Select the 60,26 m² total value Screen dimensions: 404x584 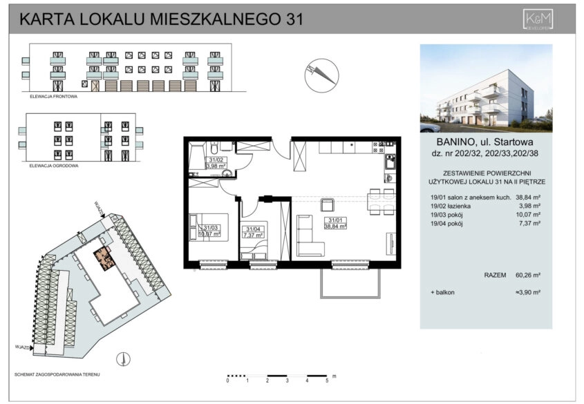(529, 276)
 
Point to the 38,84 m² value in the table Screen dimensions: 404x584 (529, 198)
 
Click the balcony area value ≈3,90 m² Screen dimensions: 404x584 (527, 294)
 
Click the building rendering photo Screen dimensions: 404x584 (486, 88)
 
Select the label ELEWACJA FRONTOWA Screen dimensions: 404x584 (53, 97)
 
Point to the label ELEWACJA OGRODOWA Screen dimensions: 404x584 (54, 167)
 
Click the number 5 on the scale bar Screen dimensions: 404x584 (326, 381)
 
